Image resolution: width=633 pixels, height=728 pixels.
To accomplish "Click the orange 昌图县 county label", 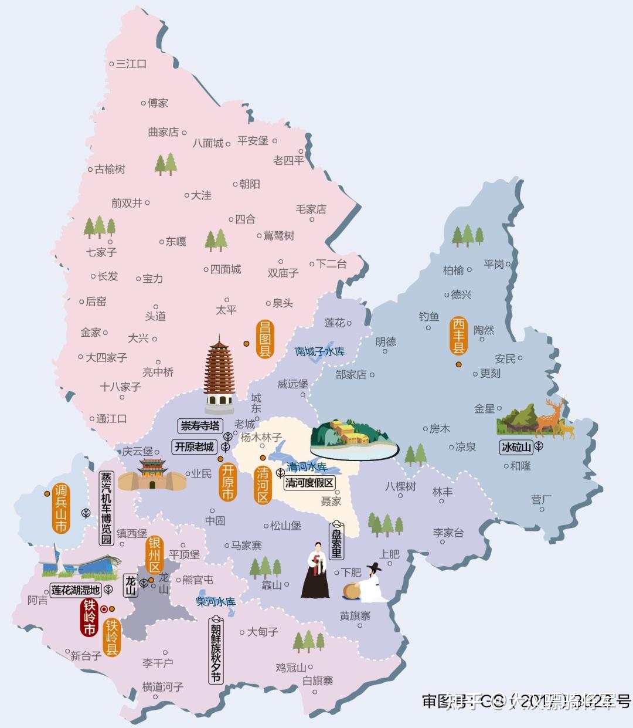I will pos(265,338).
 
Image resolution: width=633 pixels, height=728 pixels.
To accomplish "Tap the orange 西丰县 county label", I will pos(458,336).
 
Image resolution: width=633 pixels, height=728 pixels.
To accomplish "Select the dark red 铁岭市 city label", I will pos(89,617).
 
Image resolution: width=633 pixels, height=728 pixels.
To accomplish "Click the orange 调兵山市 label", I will pos(61,508).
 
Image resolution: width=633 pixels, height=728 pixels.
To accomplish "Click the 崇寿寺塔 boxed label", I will pos(200,425).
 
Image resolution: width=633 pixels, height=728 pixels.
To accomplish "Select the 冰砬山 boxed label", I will pos(516,447).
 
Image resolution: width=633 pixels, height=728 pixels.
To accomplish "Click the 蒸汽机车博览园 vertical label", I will pos(106,507).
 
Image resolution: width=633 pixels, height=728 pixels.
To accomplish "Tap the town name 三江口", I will pos(131,63).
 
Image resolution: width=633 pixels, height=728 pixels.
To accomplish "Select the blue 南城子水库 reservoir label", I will pos(319,351).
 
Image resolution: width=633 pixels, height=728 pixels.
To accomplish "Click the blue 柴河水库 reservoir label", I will pos(216,602).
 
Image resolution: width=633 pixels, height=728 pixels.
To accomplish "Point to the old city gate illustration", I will pos(152,475).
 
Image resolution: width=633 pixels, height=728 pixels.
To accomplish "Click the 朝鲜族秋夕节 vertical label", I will pos(216,650).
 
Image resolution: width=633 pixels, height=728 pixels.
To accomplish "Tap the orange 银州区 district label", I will pos(154,554).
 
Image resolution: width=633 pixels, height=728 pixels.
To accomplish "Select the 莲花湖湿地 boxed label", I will pos(75,590).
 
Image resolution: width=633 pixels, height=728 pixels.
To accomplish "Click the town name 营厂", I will pos(542,499).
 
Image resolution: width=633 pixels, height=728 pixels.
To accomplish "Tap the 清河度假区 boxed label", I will pos(309,483).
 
